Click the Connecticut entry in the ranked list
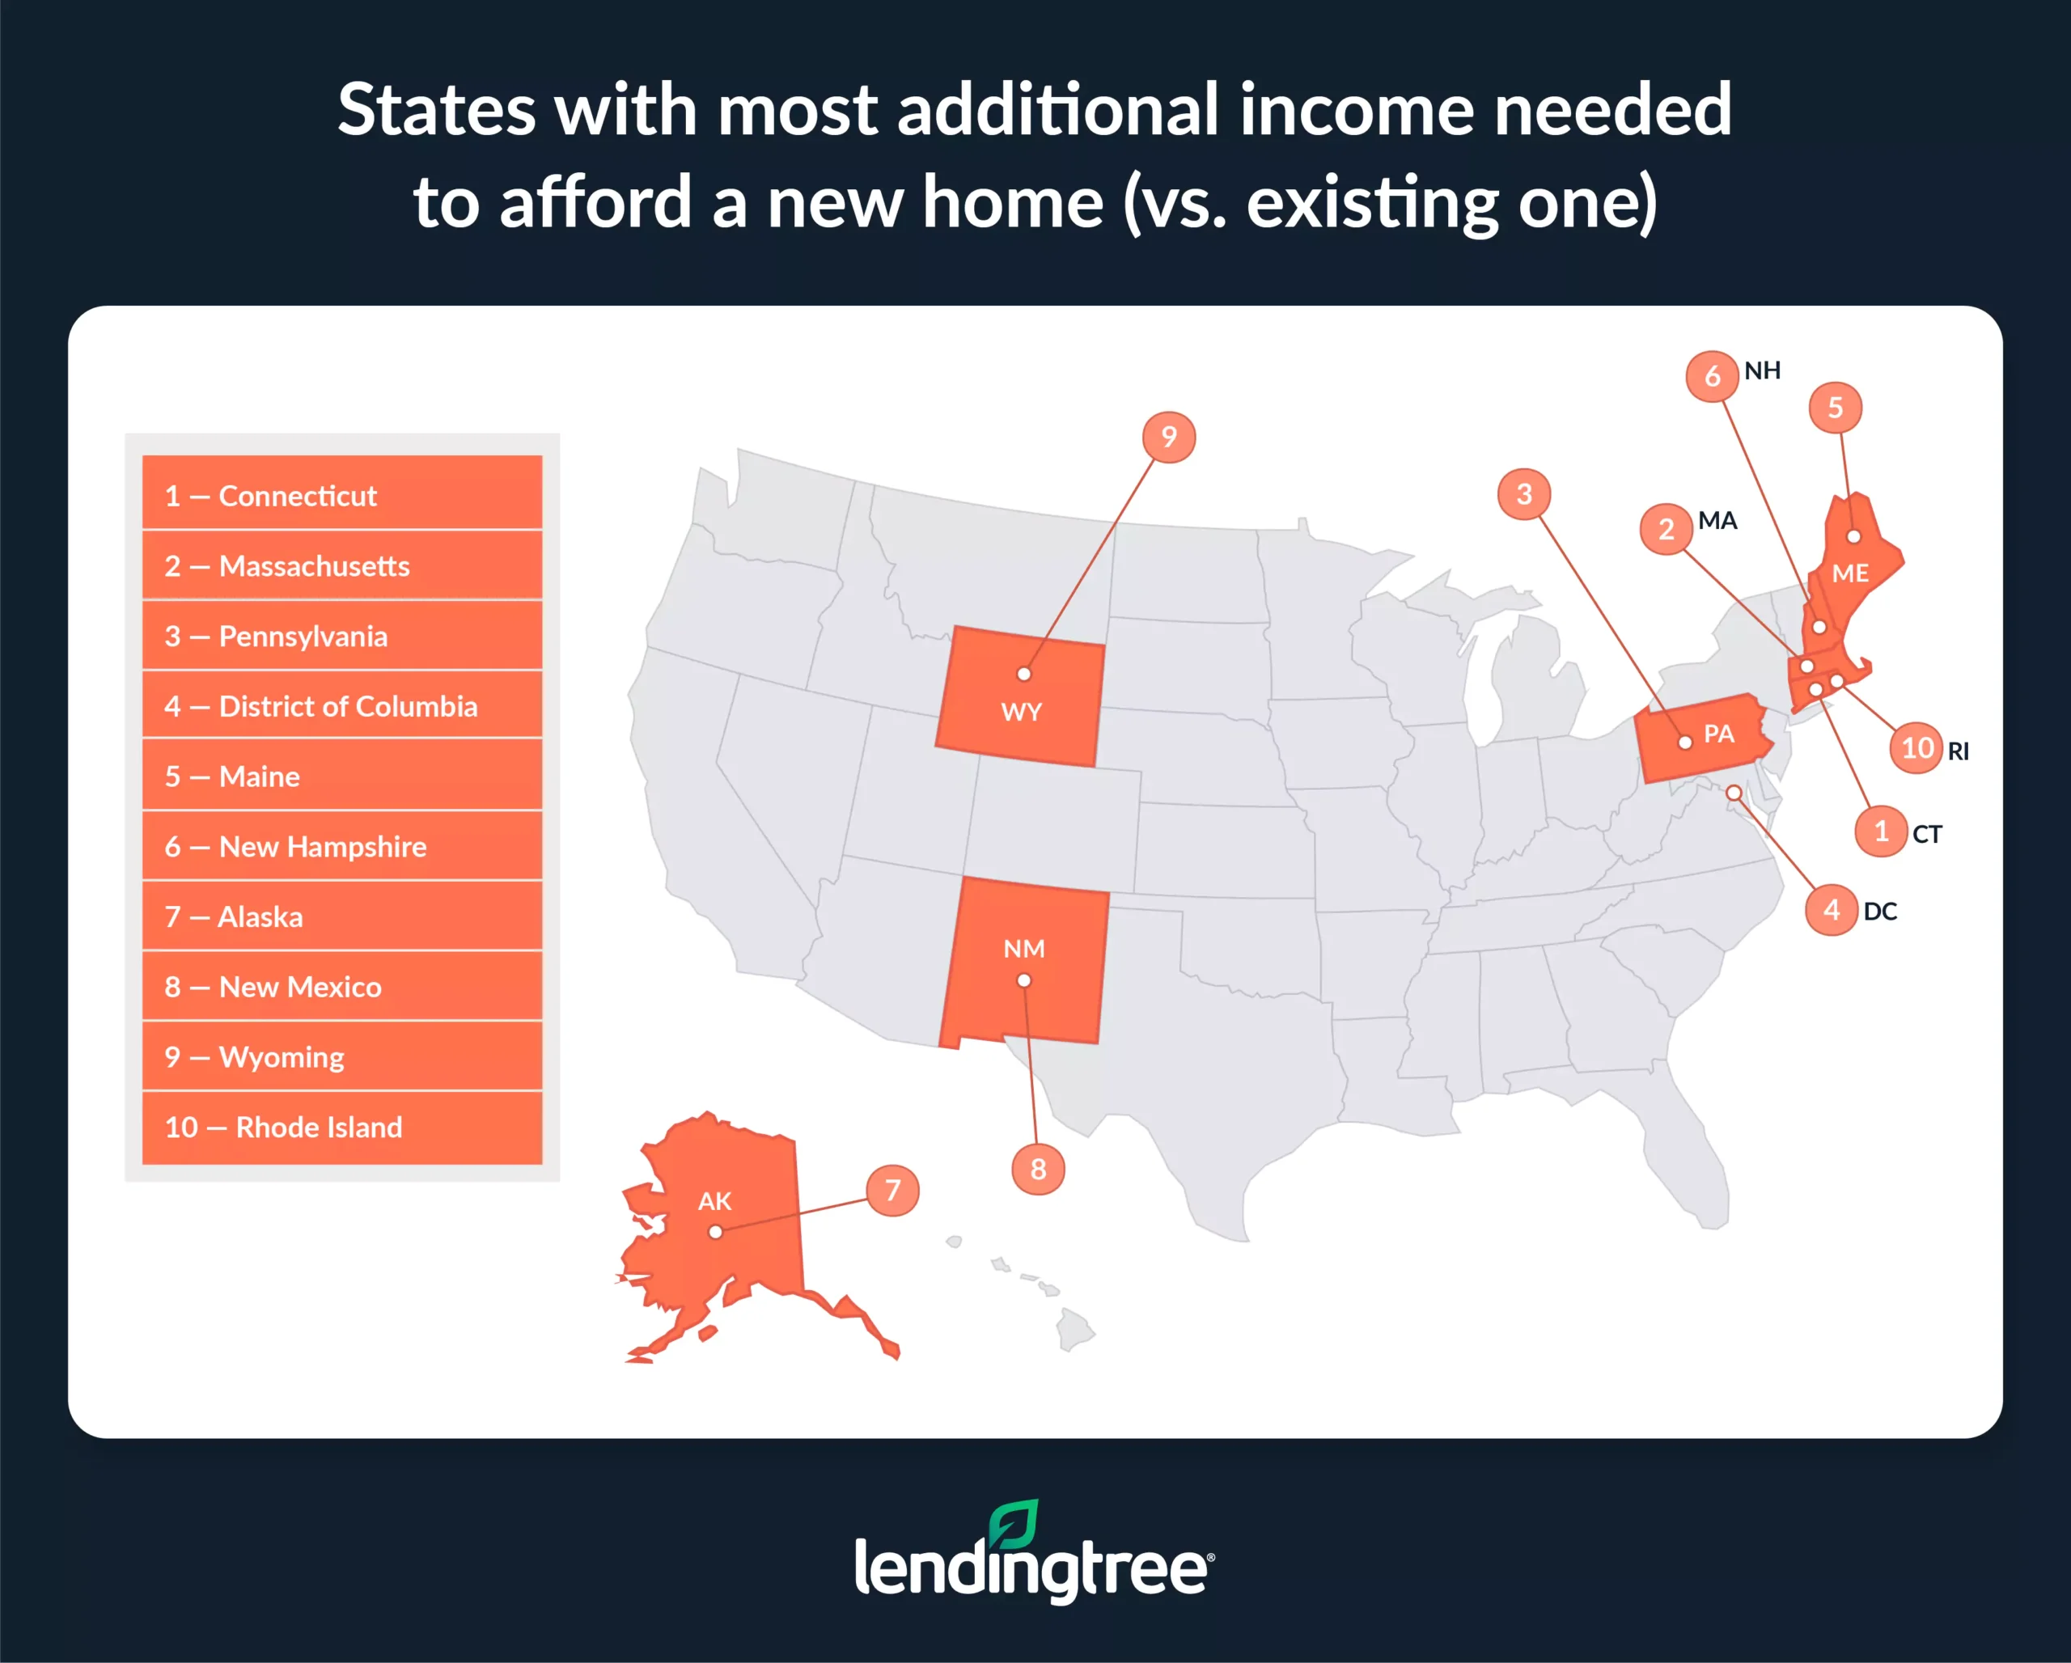(342, 496)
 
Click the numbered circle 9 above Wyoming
(1168, 437)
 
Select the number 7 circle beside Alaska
(892, 1190)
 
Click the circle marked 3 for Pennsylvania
(1523, 493)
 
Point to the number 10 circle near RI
(1917, 748)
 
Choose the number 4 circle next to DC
(1831, 909)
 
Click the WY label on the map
(1021, 712)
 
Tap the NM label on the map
(1024, 949)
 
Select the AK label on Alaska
(714, 1200)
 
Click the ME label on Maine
(1850, 573)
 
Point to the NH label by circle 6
(1763, 370)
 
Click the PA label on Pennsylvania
(1718, 734)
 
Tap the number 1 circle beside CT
(1881, 831)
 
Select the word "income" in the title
(1355, 111)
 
